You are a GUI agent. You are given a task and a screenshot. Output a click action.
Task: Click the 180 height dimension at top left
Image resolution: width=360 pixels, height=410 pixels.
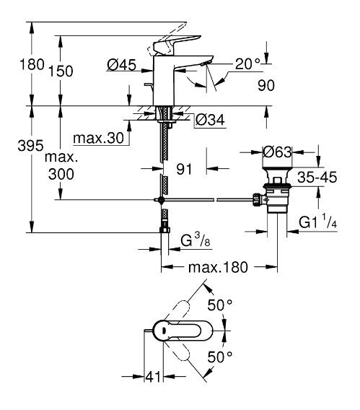click(x=32, y=64)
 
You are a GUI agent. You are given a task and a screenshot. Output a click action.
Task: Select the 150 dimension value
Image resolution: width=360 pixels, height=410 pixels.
click(x=61, y=71)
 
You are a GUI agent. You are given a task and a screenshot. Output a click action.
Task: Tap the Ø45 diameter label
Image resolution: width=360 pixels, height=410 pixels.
click(x=122, y=65)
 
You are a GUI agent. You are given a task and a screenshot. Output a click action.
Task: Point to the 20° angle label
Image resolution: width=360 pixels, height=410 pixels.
click(x=247, y=64)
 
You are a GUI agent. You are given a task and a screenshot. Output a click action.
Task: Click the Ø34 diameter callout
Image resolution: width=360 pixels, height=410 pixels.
click(x=210, y=120)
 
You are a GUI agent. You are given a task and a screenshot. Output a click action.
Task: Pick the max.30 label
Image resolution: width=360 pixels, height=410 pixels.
click(x=99, y=138)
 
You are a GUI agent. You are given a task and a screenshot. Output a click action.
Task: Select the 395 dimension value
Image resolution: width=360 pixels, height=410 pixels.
click(x=30, y=145)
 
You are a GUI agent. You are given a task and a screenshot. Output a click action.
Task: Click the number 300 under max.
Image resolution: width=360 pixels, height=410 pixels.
click(x=61, y=174)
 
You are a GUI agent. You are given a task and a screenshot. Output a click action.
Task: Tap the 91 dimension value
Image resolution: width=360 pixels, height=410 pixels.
click(x=184, y=169)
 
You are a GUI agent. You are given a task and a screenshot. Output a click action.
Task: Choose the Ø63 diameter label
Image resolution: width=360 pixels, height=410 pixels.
click(x=277, y=152)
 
